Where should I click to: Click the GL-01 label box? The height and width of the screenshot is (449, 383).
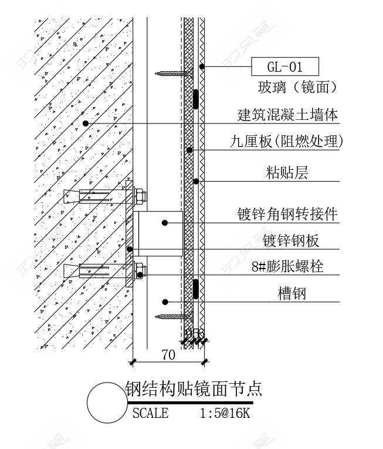click(284, 67)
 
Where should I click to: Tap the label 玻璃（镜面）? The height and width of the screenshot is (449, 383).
click(298, 88)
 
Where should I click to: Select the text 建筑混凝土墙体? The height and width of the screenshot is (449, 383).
click(287, 115)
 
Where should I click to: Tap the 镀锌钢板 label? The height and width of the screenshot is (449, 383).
click(291, 240)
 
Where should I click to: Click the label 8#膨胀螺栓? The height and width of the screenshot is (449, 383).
click(287, 267)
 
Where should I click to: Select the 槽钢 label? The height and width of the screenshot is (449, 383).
click(292, 293)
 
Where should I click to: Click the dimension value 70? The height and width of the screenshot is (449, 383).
click(168, 354)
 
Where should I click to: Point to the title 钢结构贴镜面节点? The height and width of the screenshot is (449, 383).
click(194, 388)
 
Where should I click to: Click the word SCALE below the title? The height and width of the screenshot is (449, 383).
click(150, 413)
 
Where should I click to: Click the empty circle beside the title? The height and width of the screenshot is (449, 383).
click(107, 403)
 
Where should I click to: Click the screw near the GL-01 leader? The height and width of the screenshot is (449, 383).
click(174, 73)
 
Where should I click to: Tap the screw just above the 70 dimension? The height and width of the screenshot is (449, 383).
click(174, 316)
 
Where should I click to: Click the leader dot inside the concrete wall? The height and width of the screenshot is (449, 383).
click(86, 123)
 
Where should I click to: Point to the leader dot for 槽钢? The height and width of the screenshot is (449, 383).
click(165, 302)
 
